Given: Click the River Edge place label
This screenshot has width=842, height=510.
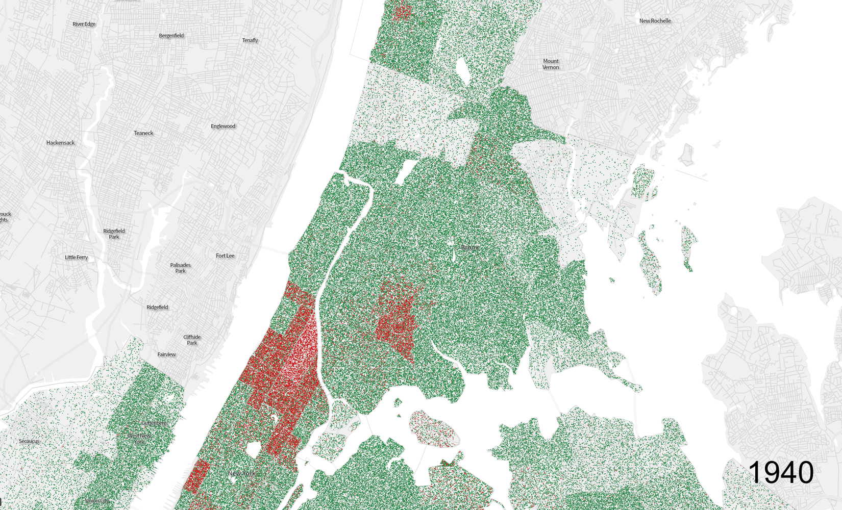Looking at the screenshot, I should click(x=84, y=24).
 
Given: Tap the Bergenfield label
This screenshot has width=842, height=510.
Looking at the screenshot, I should click(x=171, y=36).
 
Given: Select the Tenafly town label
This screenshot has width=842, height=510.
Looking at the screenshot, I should click(x=250, y=40).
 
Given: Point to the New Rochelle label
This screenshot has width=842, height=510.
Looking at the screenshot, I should click(x=655, y=21).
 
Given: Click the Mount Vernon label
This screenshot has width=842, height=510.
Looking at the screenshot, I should click(x=551, y=64).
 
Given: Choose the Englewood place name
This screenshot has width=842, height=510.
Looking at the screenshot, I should click(x=223, y=126).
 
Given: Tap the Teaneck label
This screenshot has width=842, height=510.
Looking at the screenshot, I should click(x=143, y=133).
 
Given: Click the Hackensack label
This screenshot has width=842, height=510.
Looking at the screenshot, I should click(x=60, y=143).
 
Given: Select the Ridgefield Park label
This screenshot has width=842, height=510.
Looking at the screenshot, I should click(x=114, y=234).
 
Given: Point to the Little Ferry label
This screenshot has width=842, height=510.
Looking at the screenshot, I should click(x=77, y=258).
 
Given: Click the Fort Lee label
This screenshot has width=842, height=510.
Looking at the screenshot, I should click(x=225, y=256).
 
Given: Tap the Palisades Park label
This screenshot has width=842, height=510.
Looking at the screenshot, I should click(x=180, y=268).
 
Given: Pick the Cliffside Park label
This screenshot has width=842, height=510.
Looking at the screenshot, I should click(x=192, y=340).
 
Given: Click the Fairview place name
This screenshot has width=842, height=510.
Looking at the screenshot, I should click(x=166, y=354).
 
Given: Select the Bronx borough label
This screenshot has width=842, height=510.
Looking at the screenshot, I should click(x=470, y=247).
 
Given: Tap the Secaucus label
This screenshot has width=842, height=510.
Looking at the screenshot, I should click(x=29, y=441).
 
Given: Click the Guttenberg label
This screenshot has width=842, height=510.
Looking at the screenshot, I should click(x=154, y=423).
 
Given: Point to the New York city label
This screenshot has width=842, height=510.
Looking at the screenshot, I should click(x=242, y=473).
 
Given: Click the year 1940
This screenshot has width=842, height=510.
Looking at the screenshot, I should click(x=781, y=472).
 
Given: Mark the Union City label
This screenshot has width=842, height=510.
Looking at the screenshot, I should click(x=97, y=501).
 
